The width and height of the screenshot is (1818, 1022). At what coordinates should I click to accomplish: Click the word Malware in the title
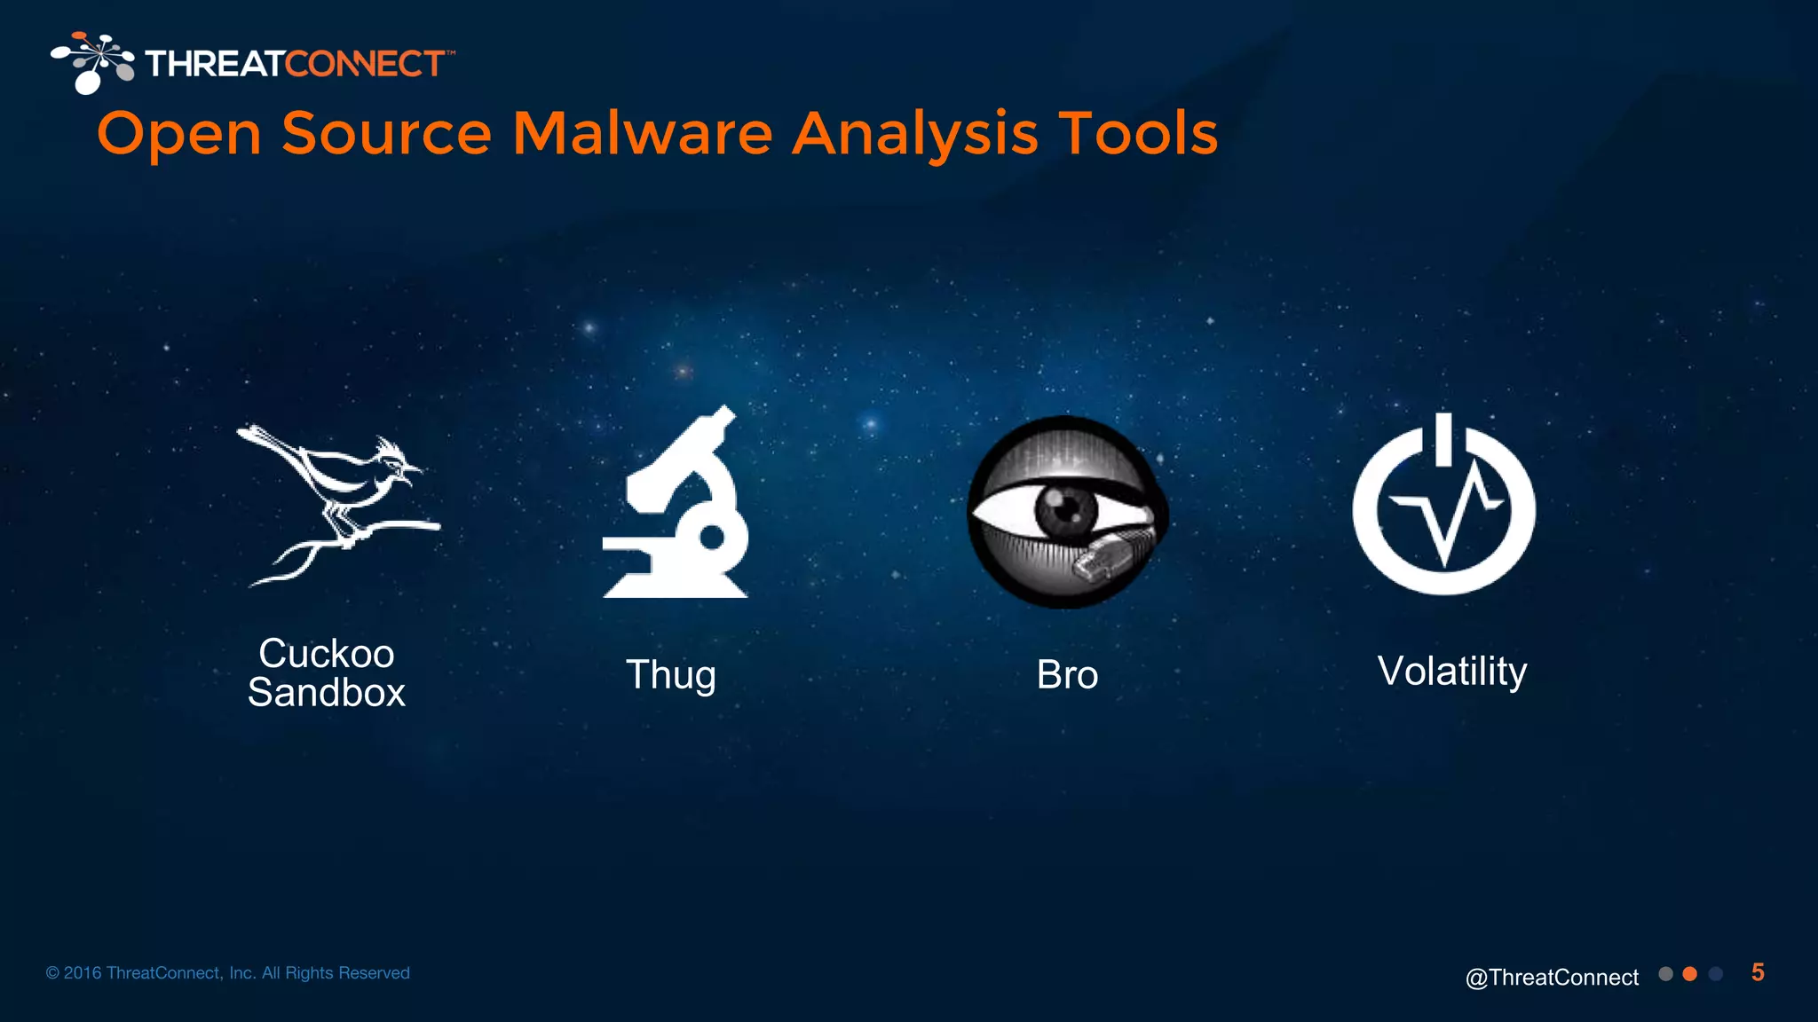coord(643,134)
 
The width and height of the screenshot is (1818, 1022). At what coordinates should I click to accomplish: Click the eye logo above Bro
coord(1066,512)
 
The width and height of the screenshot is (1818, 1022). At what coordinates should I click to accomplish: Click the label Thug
coord(671,675)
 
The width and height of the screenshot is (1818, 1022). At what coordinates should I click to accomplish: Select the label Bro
coord(1067,675)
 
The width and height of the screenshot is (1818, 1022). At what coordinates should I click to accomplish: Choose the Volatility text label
coord(1452,672)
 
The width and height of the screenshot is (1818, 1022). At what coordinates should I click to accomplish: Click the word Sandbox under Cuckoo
coord(327,693)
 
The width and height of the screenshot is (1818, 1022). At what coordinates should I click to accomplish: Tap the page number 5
coord(1758,972)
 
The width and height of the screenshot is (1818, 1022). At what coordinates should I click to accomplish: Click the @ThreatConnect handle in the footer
coord(1552,977)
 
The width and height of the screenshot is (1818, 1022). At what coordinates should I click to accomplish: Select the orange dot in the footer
coord(1690,974)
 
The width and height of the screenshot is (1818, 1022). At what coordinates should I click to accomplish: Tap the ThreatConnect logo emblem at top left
coord(92,62)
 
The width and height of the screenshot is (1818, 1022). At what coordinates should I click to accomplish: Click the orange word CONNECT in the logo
coord(365,64)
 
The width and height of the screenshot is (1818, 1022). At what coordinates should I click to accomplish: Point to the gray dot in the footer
coord(1665,974)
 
